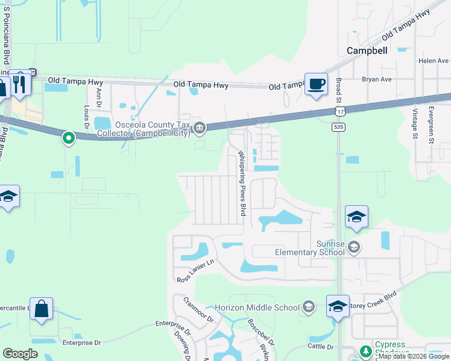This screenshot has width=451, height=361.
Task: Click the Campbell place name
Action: click(x=367, y=51)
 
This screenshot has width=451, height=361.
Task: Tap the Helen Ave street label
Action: click(x=434, y=61)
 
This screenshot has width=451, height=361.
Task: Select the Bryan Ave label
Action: click(x=377, y=79)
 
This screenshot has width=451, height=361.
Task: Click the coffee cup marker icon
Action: click(x=315, y=84)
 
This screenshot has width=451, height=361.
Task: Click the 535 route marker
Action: click(x=338, y=127)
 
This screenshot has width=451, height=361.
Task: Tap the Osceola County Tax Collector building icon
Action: click(x=200, y=128)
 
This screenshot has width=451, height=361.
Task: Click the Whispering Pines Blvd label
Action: click(x=242, y=184)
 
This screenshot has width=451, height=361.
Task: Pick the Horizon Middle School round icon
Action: click(x=309, y=307)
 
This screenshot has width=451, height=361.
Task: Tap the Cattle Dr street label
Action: click(x=321, y=347)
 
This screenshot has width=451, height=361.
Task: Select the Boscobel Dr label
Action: click(x=261, y=330)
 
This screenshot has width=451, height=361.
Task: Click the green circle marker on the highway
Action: click(x=69, y=139)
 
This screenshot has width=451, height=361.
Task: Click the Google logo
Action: click(x=20, y=354)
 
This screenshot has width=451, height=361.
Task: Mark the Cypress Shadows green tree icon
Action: click(x=365, y=351)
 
